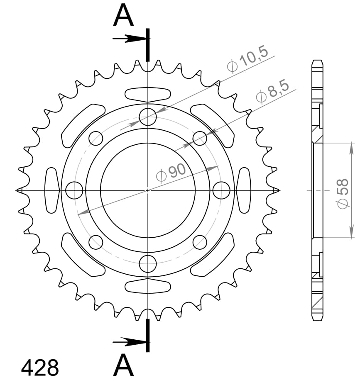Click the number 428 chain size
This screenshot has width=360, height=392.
pyautogui.click(x=40, y=368)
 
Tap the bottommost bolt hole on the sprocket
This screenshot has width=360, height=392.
pyautogui.click(x=148, y=263)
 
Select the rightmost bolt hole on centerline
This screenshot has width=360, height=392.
pyautogui.click(x=221, y=190)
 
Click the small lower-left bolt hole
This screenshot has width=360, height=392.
pyautogui.click(x=96, y=241)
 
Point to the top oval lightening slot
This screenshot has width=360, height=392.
pyautogui.click(x=148, y=94)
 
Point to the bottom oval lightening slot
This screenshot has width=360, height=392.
pyautogui.click(x=148, y=286)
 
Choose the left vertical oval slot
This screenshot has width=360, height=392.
pyautogui.click(x=52, y=190)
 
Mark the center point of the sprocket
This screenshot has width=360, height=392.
pyautogui.click(x=148, y=190)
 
